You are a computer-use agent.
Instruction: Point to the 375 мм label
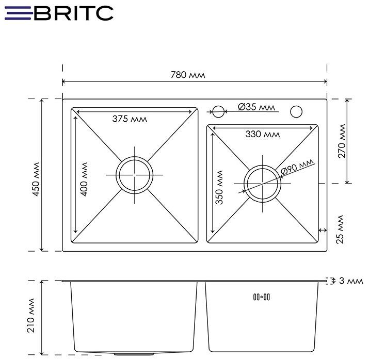coord(130,119)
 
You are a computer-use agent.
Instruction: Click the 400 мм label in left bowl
coord(85,178)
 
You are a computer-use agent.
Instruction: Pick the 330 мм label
coord(263,135)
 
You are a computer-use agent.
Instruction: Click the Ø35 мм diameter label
coord(256,107)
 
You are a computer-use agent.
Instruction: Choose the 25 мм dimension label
coord(340,230)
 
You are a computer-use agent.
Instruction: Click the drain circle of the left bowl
coord(135,175)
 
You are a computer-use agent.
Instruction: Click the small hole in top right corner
coord(297,111)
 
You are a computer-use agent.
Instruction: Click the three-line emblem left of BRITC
coord(17,12)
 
